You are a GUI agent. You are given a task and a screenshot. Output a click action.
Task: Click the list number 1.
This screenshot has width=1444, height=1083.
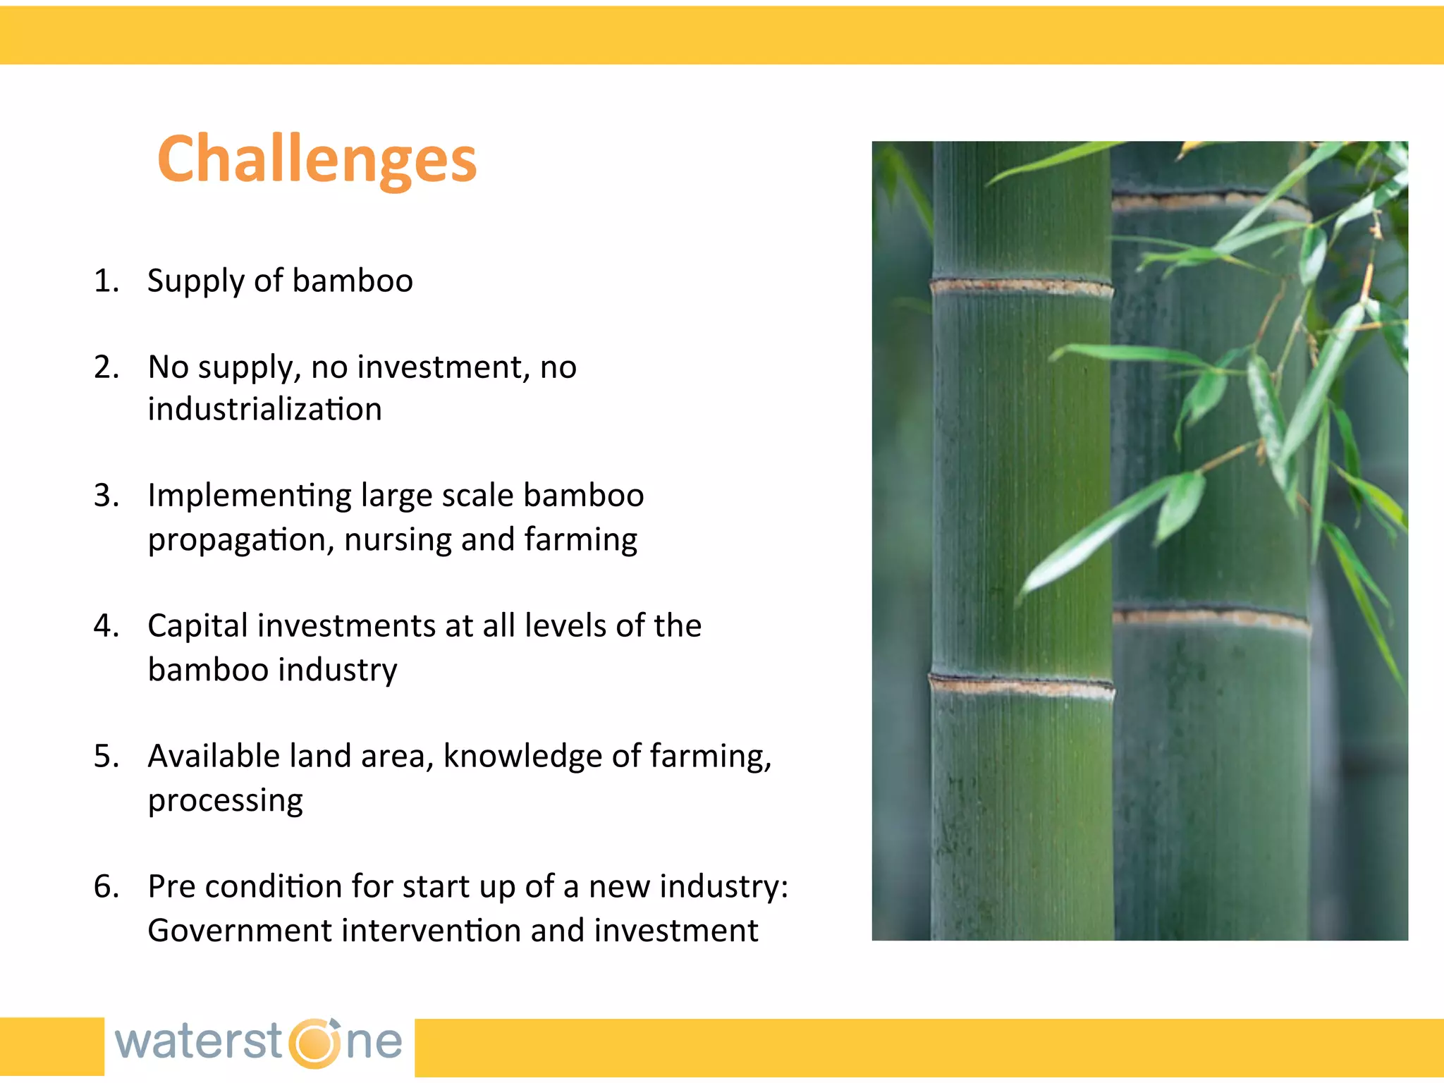[x=106, y=281]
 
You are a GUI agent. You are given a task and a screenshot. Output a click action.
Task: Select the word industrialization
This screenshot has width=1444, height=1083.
[x=264, y=410]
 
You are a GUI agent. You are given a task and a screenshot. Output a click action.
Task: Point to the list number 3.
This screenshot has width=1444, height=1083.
[x=106, y=496]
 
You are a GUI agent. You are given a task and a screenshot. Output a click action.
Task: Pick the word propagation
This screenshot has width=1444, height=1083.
[x=240, y=540]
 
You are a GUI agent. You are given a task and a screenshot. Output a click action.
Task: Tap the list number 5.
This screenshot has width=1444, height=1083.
[x=106, y=756]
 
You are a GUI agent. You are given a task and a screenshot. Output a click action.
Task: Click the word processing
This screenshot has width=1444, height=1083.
[x=225, y=800]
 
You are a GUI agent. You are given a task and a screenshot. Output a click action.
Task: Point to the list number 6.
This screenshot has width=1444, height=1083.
[x=106, y=886]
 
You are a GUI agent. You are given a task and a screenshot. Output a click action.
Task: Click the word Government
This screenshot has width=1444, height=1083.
[x=239, y=931]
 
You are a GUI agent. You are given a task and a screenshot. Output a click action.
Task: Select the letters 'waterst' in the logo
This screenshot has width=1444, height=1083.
[x=199, y=1042]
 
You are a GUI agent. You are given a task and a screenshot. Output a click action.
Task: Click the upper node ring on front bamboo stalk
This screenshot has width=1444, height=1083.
[x=1021, y=287]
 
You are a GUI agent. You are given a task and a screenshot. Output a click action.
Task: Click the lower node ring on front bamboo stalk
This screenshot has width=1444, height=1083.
[x=1021, y=685]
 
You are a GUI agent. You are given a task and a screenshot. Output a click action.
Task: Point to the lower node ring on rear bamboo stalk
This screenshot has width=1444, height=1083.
[x=1210, y=618]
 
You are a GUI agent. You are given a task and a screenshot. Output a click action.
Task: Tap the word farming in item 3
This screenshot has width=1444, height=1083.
[x=580, y=540]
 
